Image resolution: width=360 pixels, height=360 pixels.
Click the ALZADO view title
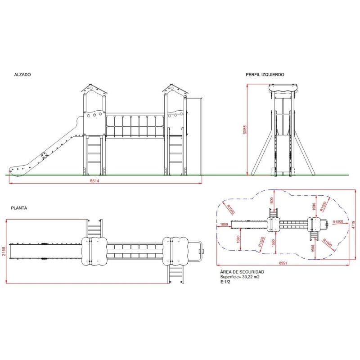[x=22, y=75]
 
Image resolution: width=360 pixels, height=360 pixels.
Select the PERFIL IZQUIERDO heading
[x=265, y=75]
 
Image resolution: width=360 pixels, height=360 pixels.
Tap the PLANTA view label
[x=19, y=208]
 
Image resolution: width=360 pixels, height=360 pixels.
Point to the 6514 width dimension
[x=94, y=181]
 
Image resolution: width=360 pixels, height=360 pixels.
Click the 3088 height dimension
[x=245, y=130]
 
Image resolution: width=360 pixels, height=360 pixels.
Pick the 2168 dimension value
[x=4, y=252]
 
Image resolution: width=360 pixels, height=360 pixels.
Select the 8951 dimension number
[x=283, y=263]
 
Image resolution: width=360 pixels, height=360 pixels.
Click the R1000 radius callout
[x=231, y=209]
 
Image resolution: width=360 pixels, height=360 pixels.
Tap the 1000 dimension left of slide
[x=224, y=224]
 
